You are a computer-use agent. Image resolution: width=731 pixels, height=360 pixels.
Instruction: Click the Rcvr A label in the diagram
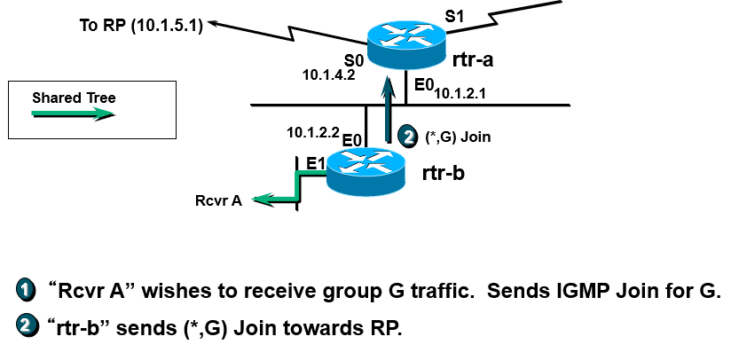pyautogui.click(x=218, y=200)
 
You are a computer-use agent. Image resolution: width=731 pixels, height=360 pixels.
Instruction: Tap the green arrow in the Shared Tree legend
pyautogui.click(x=74, y=113)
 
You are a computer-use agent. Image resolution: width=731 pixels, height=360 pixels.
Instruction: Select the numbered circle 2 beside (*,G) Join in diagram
pyautogui.click(x=408, y=137)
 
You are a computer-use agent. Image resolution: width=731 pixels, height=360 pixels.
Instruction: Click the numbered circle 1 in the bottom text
pyautogui.click(x=26, y=291)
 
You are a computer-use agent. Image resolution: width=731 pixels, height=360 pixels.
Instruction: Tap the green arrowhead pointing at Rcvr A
pyautogui.click(x=262, y=200)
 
